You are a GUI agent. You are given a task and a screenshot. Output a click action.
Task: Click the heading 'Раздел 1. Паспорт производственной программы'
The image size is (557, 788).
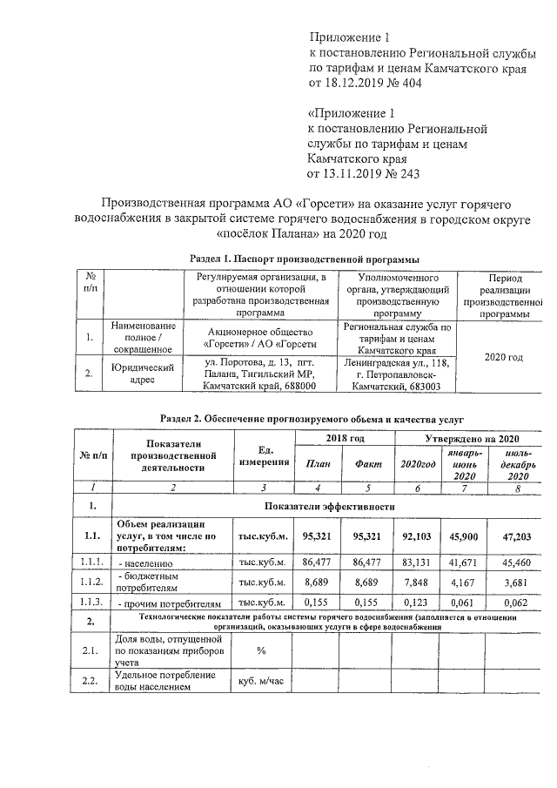tap(305, 259)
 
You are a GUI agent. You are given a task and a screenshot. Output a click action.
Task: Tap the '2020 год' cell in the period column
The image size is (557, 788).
tap(503, 357)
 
